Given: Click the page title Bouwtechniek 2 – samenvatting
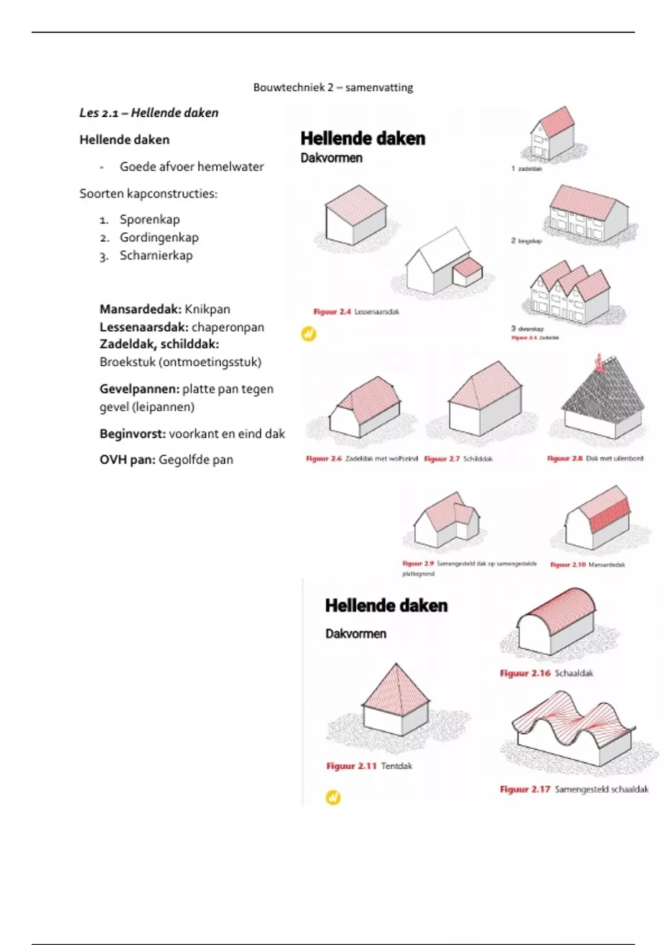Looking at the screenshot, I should click(x=333, y=87).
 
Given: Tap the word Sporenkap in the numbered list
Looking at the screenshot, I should click(x=150, y=220).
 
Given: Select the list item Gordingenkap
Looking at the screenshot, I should click(x=159, y=237).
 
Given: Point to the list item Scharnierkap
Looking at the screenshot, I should click(x=156, y=256).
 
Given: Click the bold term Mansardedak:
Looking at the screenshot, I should click(x=141, y=309).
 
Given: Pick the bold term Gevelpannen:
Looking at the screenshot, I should click(x=140, y=389).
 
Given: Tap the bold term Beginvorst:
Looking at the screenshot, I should click(x=133, y=434).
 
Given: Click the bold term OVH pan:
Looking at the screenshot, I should click(x=127, y=460).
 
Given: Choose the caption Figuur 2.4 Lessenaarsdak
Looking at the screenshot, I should click(x=356, y=312).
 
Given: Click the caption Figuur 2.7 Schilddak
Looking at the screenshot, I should click(x=458, y=459).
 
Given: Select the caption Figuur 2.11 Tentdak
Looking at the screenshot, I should click(x=369, y=766).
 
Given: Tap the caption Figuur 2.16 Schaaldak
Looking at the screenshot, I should click(x=546, y=673).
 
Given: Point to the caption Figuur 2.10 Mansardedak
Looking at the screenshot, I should click(x=588, y=565).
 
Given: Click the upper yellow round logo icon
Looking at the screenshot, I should click(x=308, y=334).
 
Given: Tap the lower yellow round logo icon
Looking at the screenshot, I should click(x=333, y=798).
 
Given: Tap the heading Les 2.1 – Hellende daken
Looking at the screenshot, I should click(x=149, y=113).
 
